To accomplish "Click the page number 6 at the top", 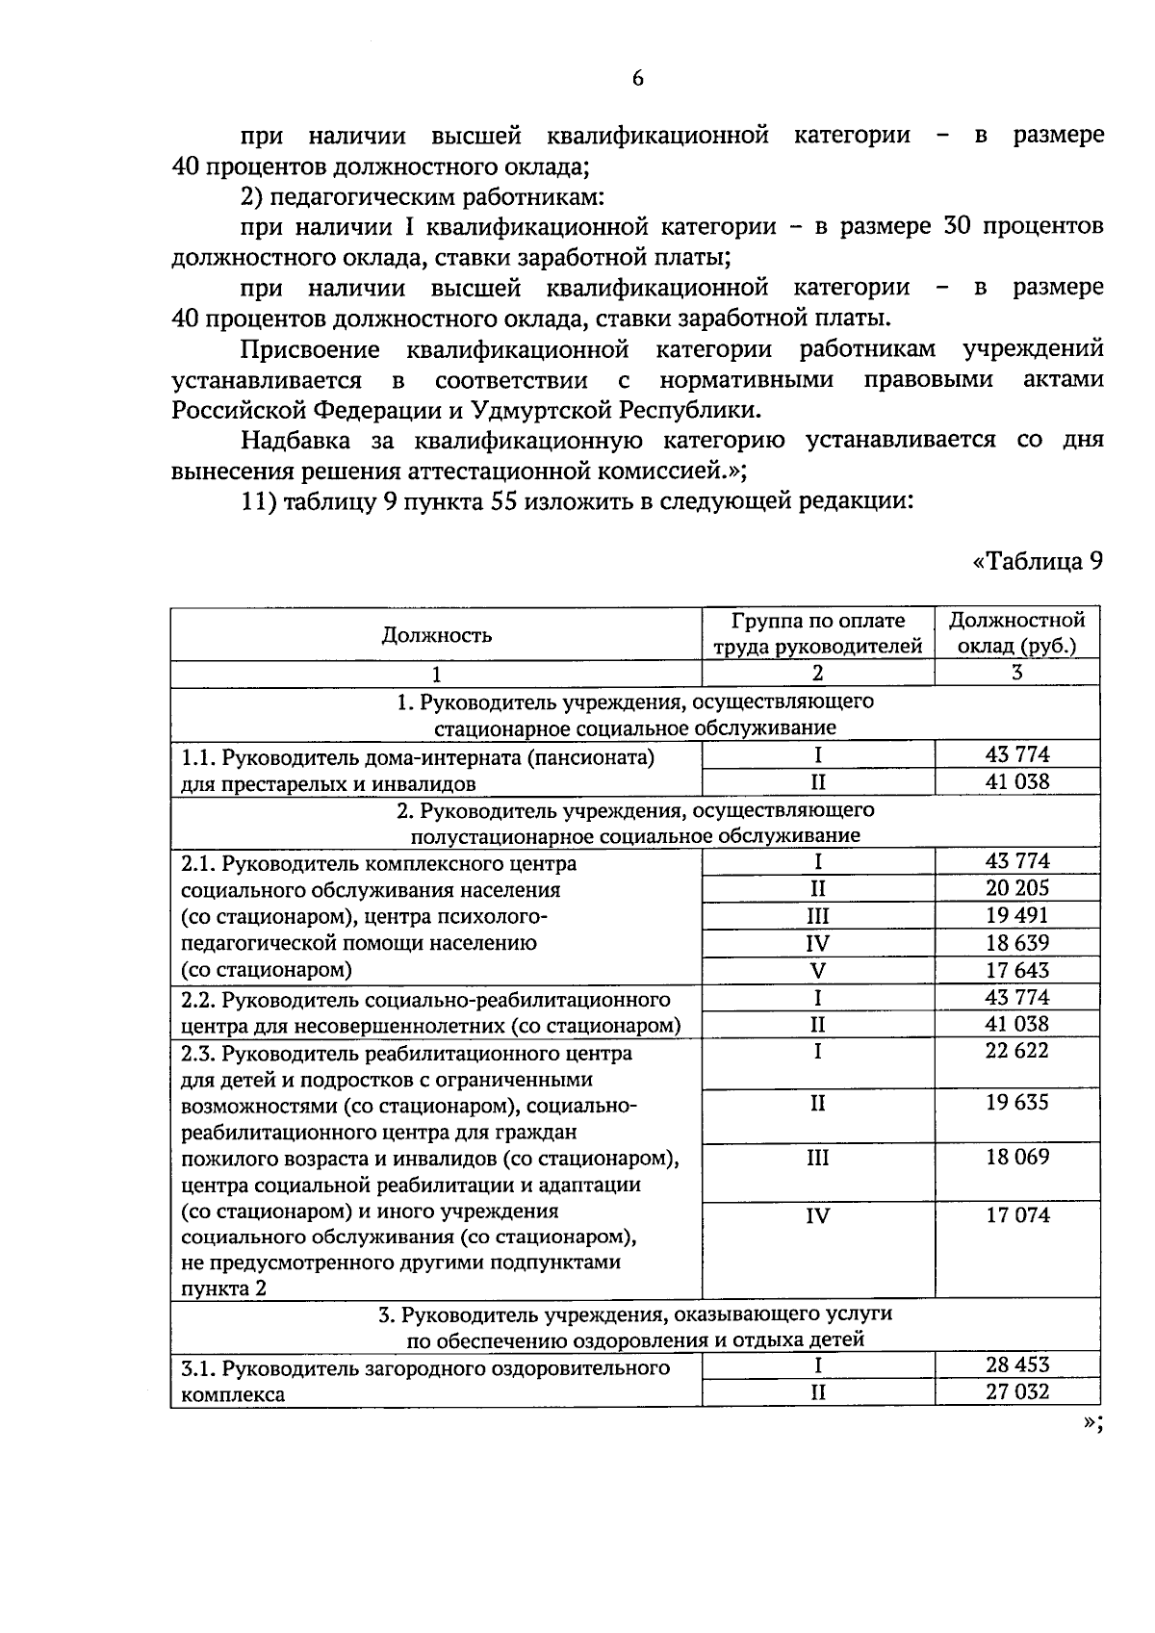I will pyautogui.click(x=637, y=79).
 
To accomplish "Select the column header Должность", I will pyautogui.click(x=436, y=634).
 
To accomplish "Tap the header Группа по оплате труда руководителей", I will pyautogui.click(x=817, y=633).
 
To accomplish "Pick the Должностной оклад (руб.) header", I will pyautogui.click(x=1016, y=633).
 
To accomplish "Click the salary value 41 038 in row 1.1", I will pyautogui.click(x=1016, y=781).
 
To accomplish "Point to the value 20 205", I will pyautogui.click(x=1016, y=888).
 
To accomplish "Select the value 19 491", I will pyautogui.click(x=1016, y=915).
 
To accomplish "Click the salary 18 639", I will pyautogui.click(x=1016, y=943).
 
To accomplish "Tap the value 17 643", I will pyautogui.click(x=1016, y=970).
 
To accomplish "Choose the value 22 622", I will pyautogui.click(x=1016, y=1051).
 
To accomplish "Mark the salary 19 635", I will pyautogui.click(x=1016, y=1103).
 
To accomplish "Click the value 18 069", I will pyautogui.click(x=1016, y=1158).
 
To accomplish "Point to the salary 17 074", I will pyautogui.click(x=1016, y=1215).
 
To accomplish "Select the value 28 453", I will pyautogui.click(x=1016, y=1365).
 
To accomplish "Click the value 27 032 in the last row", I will pyautogui.click(x=1016, y=1391).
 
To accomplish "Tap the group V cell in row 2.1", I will pyautogui.click(x=817, y=970).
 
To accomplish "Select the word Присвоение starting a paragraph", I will pyautogui.click(x=310, y=349).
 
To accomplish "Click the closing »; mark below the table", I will pyautogui.click(x=1091, y=1426).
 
